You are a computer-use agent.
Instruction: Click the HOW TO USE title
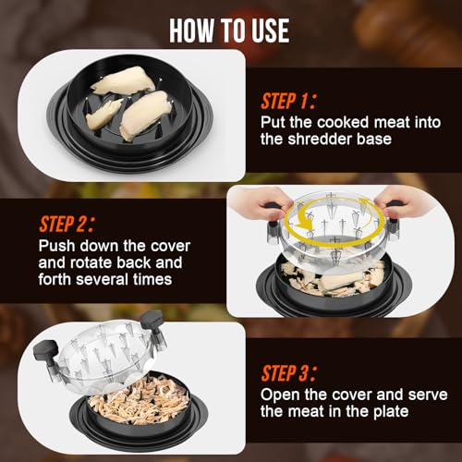tap(229, 30)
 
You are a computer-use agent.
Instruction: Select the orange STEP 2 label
tap(67, 224)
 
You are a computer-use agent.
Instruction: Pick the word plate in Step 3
tap(391, 412)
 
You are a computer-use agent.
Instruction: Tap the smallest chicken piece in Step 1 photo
tap(103, 114)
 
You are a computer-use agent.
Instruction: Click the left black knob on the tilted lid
tap(45, 351)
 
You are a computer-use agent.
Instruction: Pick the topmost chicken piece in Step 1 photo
tap(124, 80)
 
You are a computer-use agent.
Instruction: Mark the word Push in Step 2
tap(56, 246)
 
